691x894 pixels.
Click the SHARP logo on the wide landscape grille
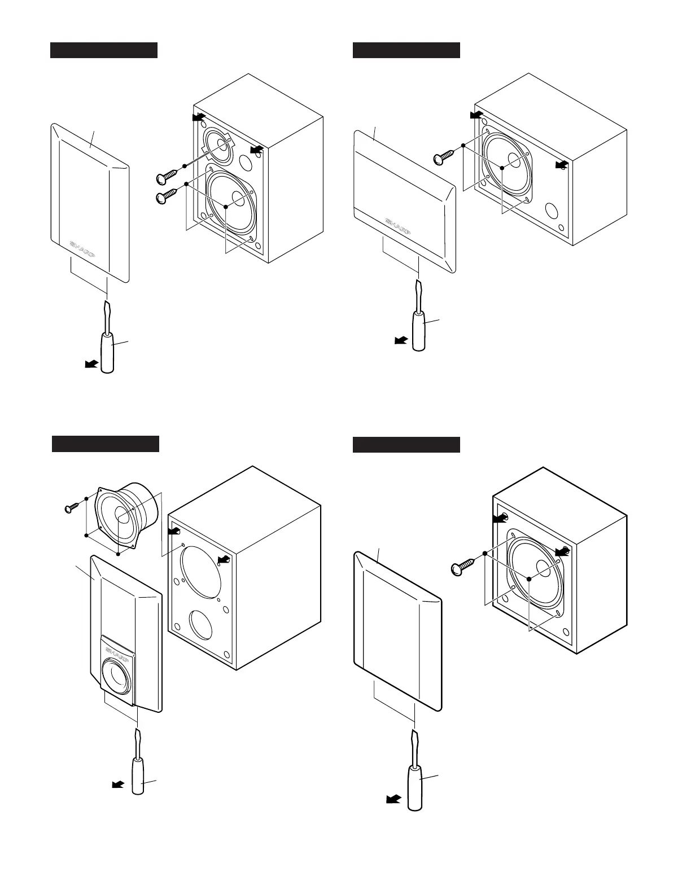tap(398, 226)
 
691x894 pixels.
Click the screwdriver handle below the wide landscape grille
tap(419, 330)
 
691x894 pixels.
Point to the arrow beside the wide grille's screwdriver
tap(401, 340)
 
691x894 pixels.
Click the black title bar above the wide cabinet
tap(406, 50)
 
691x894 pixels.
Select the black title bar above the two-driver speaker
tap(103, 50)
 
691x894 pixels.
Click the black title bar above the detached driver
tap(105, 444)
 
